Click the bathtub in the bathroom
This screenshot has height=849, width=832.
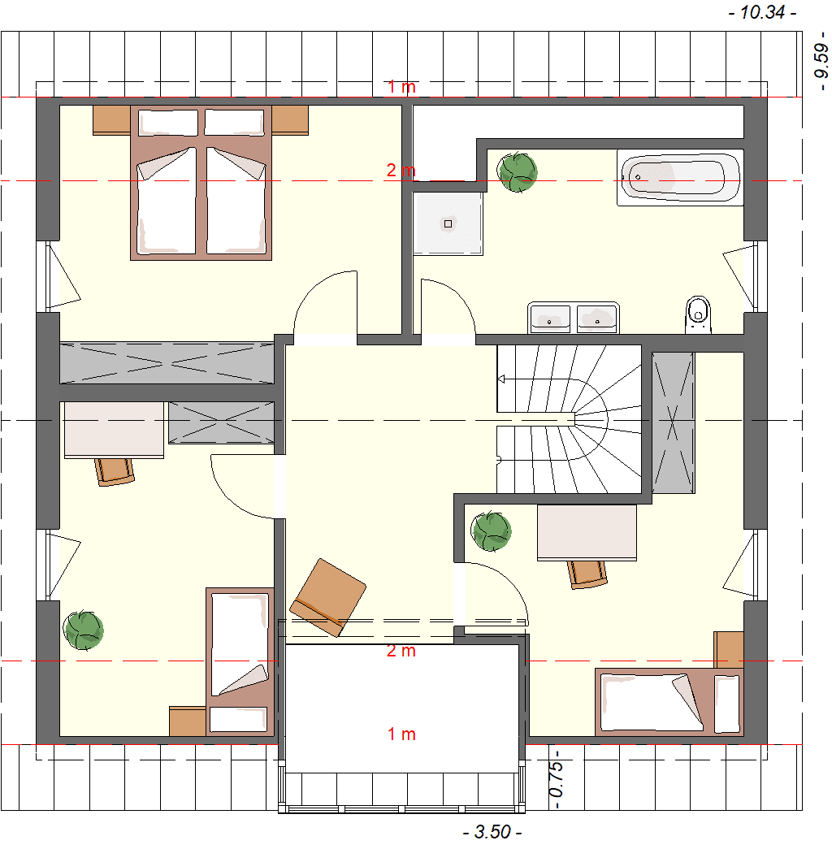680,178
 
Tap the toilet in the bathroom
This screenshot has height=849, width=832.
698,314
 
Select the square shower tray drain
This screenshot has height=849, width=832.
448,223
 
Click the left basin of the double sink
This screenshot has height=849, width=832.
550,318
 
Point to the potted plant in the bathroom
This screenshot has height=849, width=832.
518,172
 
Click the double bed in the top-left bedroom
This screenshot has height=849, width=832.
201,183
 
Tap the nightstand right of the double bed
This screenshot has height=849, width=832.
290,119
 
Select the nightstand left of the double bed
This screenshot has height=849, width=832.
111,119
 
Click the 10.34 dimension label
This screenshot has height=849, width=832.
762,12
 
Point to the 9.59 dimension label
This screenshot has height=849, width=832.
821,61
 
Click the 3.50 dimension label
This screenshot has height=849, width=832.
492,831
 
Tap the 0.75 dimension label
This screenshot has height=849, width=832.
557,779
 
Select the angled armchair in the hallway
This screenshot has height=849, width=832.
327,597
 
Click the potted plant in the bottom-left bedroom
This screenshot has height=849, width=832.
84,630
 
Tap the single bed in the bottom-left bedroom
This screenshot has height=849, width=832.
240,661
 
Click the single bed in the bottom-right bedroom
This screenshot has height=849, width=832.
669,702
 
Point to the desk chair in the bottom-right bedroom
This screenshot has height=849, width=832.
587,574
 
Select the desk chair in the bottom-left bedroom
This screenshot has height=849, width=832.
115,471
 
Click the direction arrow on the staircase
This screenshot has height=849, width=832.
501,379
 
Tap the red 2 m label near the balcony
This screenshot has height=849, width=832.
401,650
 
